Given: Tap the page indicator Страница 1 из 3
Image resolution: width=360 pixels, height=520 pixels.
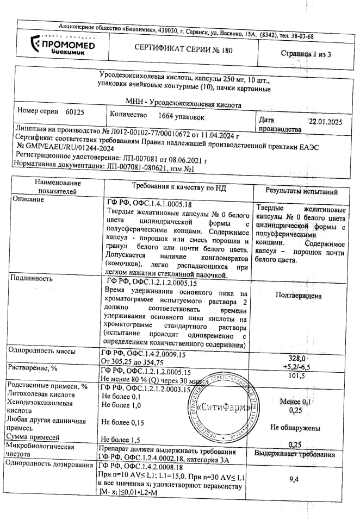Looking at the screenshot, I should (306, 54).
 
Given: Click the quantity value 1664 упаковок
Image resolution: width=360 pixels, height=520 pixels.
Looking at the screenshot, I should (182, 116).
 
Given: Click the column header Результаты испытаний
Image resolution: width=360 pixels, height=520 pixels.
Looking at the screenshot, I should (301, 191).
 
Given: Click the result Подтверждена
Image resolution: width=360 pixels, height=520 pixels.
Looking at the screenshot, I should (299, 296).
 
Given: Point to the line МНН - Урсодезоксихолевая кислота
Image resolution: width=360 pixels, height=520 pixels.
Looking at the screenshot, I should (182, 103).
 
